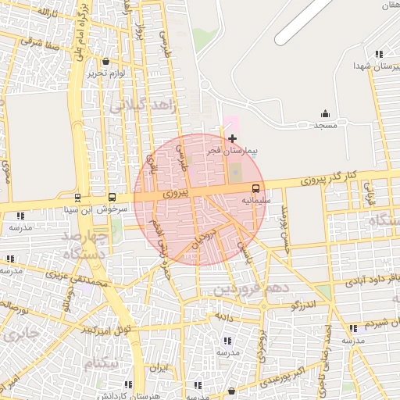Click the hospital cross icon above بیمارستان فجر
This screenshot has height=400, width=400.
coord(232,138)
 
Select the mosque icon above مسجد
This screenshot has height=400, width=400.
coord(325,114)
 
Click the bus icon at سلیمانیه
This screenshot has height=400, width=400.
coord(255,188)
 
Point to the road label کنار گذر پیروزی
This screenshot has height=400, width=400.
coord(327,177)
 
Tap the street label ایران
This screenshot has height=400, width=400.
coord(159,366)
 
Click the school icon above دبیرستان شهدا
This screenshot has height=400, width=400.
coord(379,54)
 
